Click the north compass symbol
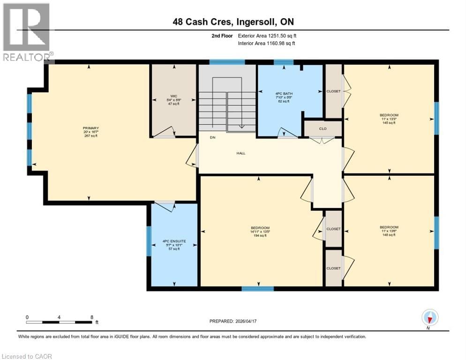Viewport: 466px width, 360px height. [429, 318]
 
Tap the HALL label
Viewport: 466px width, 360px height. [241, 153]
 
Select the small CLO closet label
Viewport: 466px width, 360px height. [323, 128]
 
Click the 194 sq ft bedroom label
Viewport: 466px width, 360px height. [259, 232]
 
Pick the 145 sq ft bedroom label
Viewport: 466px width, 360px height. [389, 119]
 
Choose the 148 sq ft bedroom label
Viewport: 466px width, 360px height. [389, 231]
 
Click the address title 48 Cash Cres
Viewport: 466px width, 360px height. [233, 22]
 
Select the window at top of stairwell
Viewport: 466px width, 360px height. [227, 62]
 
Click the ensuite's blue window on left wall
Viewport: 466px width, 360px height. [149, 241]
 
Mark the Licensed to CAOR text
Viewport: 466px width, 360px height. [27, 356]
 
